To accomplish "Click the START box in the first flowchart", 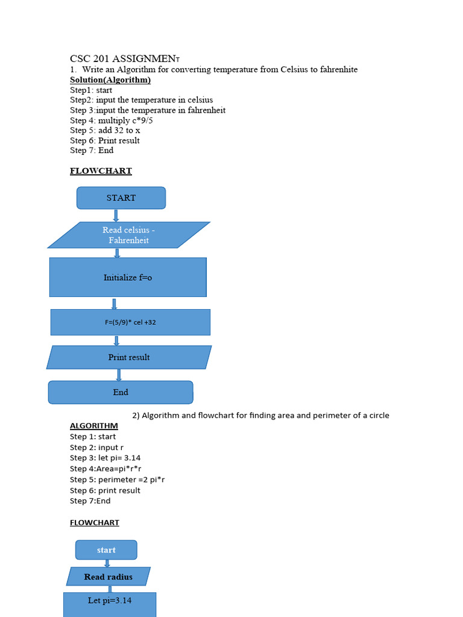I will tap(121, 198).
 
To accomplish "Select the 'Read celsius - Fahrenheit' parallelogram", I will tap(128, 235).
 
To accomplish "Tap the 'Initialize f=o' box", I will tap(128, 277).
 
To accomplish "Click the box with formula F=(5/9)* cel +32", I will tap(130, 322).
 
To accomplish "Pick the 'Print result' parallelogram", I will tap(129, 357).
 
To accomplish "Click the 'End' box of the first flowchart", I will tap(121, 392).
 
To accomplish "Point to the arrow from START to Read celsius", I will tap(116, 215).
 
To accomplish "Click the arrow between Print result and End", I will tap(119, 375).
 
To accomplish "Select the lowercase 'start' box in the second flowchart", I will tap(106, 550).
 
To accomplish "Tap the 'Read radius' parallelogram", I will tap(109, 577).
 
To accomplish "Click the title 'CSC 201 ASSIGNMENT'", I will tap(124, 58).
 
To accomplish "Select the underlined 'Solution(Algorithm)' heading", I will tap(110, 80).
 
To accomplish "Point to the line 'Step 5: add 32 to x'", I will tap(105, 130).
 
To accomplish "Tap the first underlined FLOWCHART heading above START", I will tap(101, 171).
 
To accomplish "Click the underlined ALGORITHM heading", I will tap(94, 426).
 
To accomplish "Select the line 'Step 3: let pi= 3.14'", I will tap(105, 458).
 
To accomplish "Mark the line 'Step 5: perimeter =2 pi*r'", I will tap(117, 480).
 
